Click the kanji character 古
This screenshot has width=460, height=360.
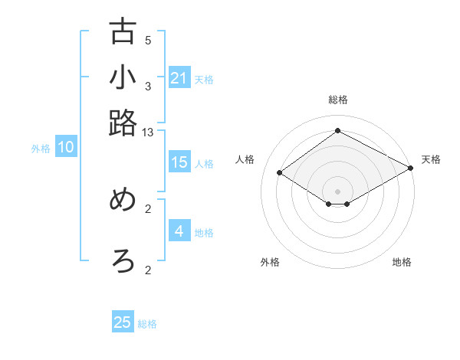[123, 32]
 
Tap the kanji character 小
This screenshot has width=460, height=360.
[123, 77]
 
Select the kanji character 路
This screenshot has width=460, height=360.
[123, 123]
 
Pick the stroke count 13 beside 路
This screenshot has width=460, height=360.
[148, 133]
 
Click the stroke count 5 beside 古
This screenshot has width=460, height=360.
[148, 41]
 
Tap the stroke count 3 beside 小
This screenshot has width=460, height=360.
[148, 87]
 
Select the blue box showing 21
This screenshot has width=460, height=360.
[179, 78]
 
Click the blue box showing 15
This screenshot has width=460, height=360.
[179, 162]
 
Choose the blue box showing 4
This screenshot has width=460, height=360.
[179, 231]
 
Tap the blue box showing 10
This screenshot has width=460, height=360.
[66, 148]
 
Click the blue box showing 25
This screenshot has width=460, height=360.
[123, 322]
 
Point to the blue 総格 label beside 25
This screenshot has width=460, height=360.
[147, 324]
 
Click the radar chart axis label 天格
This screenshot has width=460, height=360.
[431, 159]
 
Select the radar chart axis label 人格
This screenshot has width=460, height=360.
[245, 159]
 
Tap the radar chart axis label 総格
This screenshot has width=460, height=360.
[337, 100]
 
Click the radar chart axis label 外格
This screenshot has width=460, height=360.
[270, 262]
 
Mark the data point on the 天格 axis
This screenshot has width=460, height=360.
[412, 169]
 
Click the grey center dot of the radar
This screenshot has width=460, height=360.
[337, 191]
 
